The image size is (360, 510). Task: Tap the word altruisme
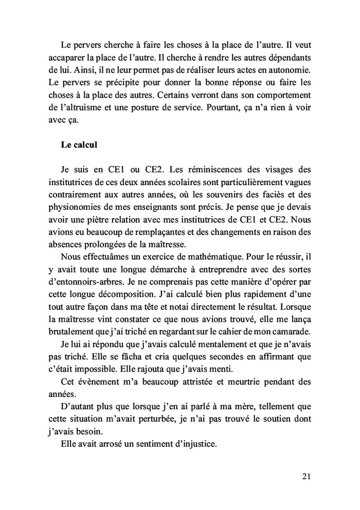[90, 108]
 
